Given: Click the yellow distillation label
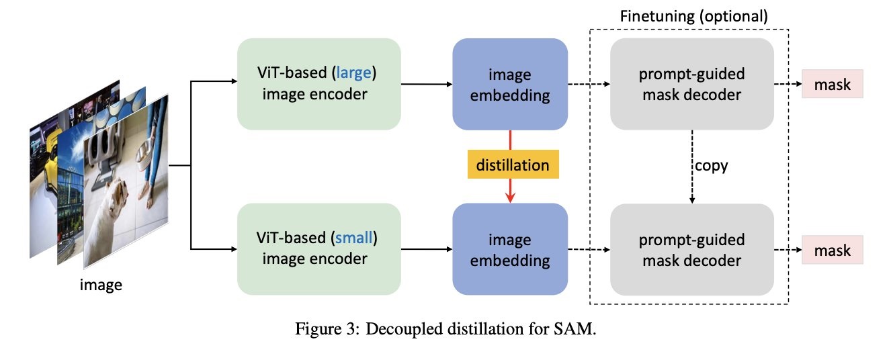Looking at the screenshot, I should coord(512,165).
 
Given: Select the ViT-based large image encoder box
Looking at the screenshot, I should coord(319,84).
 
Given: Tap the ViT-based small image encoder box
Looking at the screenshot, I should coord(319,249).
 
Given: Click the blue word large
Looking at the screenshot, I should coord(355,73).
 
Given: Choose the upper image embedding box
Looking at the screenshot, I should coord(511,84).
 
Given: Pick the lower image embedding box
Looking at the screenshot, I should coord(511,249).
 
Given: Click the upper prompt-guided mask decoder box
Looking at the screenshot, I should coord(691,84).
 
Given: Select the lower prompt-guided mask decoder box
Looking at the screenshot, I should coord(691,249).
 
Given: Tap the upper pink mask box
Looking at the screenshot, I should coord(833,85).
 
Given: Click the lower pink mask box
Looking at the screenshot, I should coord(833,251).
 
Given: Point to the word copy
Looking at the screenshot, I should coord(710,165).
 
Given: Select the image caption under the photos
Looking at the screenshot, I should coord(101,285).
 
